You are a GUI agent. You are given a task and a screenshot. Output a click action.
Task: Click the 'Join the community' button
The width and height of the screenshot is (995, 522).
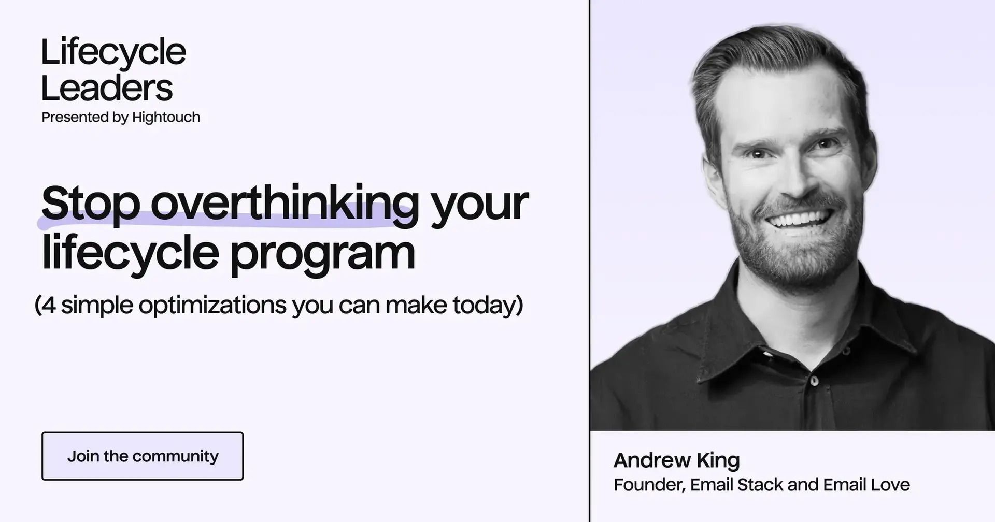[143, 456]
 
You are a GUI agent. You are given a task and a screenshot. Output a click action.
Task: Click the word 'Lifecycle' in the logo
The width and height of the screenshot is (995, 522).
[113, 53]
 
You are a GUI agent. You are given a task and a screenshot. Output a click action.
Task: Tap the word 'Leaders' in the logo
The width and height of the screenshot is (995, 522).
[107, 88]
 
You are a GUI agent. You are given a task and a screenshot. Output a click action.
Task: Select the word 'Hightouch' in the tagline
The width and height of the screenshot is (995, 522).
[166, 118]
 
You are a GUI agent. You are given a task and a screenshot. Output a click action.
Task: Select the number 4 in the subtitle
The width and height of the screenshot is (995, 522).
[48, 305]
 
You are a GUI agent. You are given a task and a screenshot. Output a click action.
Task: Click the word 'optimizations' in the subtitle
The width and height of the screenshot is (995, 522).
[212, 305]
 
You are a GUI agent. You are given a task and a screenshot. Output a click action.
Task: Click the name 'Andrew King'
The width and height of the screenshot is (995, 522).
[677, 460]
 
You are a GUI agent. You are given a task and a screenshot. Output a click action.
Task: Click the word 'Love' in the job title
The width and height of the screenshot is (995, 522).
[890, 485]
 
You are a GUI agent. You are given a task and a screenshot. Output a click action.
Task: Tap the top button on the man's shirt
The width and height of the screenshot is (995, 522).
[814, 381]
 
